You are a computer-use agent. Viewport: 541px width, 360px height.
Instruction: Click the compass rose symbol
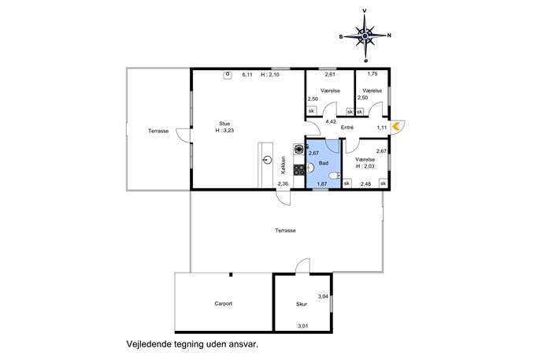(365, 35)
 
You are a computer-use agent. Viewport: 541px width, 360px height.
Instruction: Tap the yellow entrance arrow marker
(396, 126)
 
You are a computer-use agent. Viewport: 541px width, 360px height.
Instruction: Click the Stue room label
(224, 124)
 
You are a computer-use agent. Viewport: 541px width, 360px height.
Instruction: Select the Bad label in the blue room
(324, 163)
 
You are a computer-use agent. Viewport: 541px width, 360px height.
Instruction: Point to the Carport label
(223, 304)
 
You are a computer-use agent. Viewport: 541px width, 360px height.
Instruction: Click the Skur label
(302, 304)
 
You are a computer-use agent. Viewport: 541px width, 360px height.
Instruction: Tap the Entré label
(347, 128)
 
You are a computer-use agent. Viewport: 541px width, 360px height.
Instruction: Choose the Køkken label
(283, 165)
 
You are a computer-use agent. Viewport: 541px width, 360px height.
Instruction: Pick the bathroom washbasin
(310, 168)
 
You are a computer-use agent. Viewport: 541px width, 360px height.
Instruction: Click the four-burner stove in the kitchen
(299, 169)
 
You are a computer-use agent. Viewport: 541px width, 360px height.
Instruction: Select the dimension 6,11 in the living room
(247, 75)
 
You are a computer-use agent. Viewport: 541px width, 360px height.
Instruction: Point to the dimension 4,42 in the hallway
(331, 121)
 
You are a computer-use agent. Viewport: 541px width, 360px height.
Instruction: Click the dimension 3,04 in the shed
(323, 296)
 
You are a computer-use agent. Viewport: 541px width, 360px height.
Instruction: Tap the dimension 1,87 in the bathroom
(322, 184)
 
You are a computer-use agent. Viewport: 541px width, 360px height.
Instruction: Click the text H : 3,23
(224, 131)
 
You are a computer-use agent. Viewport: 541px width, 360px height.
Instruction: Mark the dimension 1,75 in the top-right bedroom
(372, 73)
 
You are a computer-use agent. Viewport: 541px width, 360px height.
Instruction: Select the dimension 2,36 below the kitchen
(283, 184)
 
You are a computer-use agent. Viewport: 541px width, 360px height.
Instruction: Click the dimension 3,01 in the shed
(302, 326)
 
